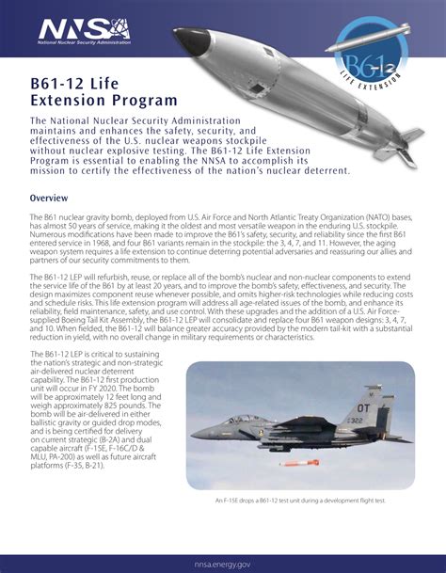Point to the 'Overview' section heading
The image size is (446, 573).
click(52, 199)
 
